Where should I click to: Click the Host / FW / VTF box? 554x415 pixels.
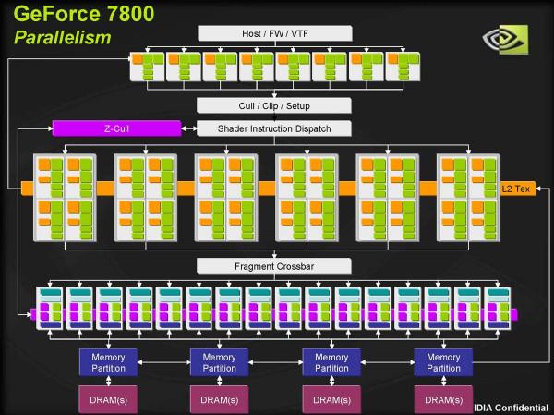tap(274, 33)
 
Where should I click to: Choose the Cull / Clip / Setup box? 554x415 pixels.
tap(274, 105)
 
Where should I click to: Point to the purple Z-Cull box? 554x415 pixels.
tap(115, 128)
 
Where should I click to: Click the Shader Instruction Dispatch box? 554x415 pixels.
tap(274, 128)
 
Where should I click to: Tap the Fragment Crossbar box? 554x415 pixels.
tap(274, 266)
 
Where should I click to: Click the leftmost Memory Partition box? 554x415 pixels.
tap(107, 361)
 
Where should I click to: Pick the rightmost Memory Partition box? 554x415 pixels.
tap(443, 361)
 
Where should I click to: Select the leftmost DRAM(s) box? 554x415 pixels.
tap(107, 399)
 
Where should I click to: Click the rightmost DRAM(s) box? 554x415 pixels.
tap(443, 399)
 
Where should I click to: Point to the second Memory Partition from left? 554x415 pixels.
tap(219, 361)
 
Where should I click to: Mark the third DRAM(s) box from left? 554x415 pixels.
tap(331, 399)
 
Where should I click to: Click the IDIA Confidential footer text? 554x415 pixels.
tap(512, 407)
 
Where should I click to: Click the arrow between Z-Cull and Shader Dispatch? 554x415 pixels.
tap(187, 128)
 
